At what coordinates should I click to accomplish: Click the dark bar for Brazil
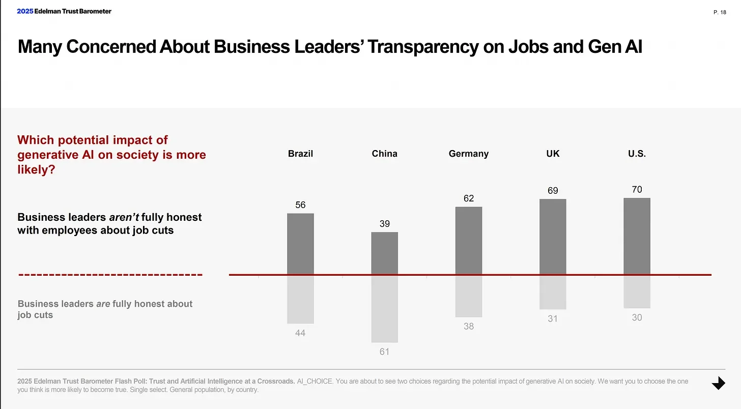point(300,244)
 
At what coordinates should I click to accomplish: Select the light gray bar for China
point(384,308)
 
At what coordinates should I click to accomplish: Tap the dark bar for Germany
point(468,241)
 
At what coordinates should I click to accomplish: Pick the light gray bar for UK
point(553,292)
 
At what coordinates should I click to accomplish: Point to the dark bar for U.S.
point(637,236)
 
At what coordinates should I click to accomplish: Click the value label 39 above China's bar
point(384,224)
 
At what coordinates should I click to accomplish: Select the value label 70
point(637,189)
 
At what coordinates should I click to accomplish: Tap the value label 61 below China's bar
point(384,352)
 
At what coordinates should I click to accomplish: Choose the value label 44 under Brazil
point(300,333)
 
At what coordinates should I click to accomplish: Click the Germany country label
point(468,154)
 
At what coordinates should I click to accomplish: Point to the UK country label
point(553,154)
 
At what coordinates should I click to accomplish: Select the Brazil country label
point(300,154)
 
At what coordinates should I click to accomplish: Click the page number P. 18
point(720,12)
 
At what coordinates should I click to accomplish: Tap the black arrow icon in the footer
point(718,384)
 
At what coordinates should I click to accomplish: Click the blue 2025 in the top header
point(24,11)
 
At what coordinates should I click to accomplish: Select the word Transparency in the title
point(422,47)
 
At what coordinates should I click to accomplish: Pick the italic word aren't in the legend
point(124,217)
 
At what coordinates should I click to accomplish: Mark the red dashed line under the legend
point(110,275)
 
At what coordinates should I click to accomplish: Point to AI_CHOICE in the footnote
point(315,381)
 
